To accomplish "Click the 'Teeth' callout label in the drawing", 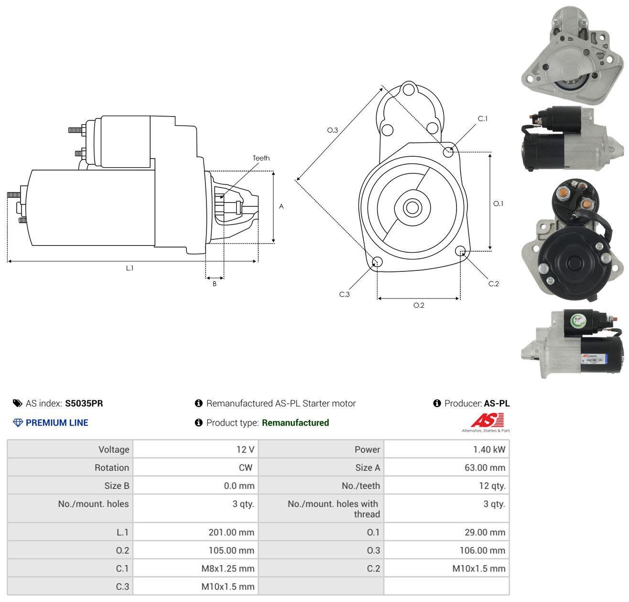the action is point(261,158).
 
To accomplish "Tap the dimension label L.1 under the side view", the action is point(130,268).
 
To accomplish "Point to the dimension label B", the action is point(214,284).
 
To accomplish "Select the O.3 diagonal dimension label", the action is point(332,130).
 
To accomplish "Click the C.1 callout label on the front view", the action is point(482,118).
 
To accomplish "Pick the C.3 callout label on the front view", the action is point(344,294).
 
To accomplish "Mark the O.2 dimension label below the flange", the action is point(419,305).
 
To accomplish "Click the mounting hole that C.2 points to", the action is point(460,251).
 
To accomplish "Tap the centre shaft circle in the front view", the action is point(412,208).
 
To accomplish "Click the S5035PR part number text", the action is point(84,403).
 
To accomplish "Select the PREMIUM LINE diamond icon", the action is point(18,423).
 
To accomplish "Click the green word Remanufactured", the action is point(295,423).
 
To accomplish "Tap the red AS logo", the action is point(487,420).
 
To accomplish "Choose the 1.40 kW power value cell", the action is point(446,449).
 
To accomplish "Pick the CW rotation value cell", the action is point(195,467).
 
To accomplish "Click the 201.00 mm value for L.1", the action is point(231,532).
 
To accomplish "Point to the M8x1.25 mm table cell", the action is point(195,569).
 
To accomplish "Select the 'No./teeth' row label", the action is point(361,486).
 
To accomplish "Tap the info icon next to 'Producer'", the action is point(437,403).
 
